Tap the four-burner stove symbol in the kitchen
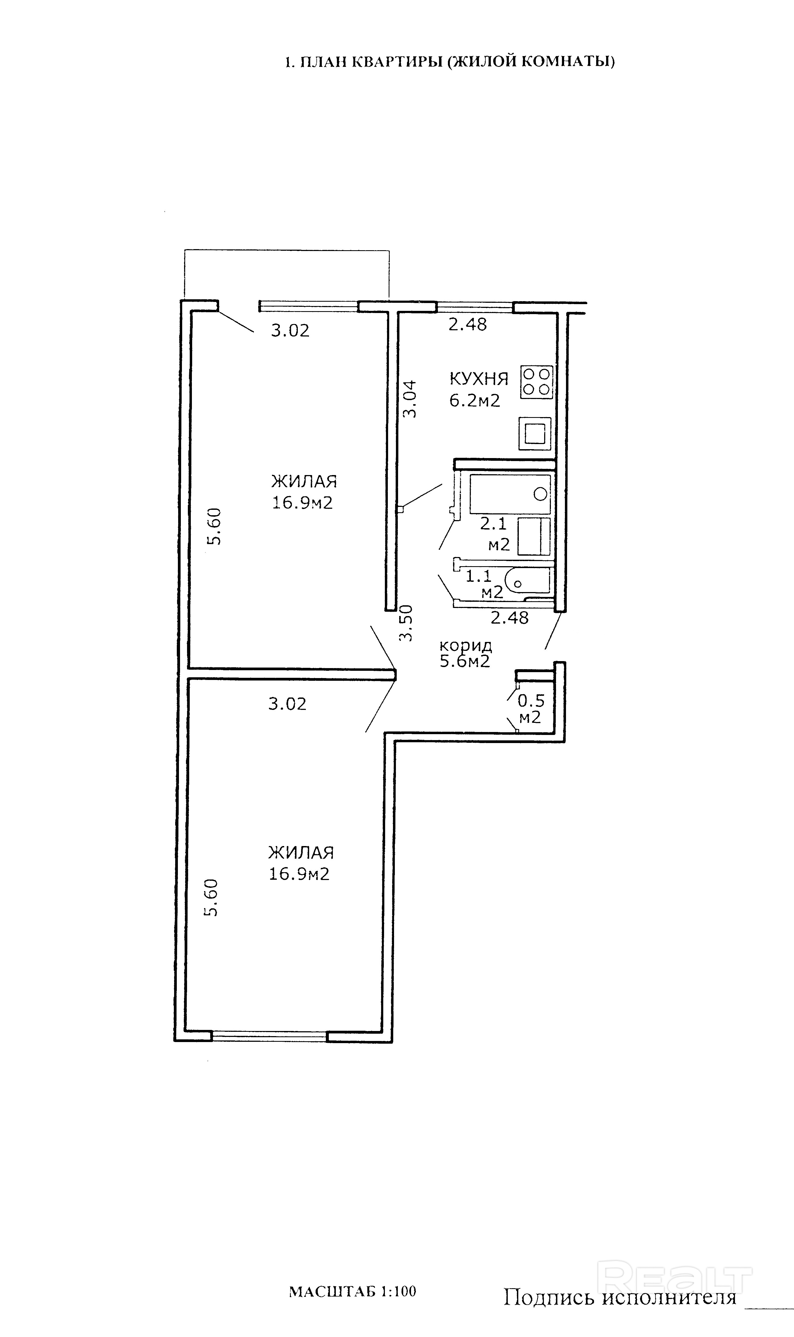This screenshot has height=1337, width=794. (x=537, y=382)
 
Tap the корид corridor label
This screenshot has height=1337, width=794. (x=465, y=645)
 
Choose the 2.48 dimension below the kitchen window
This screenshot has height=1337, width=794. (x=468, y=324)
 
